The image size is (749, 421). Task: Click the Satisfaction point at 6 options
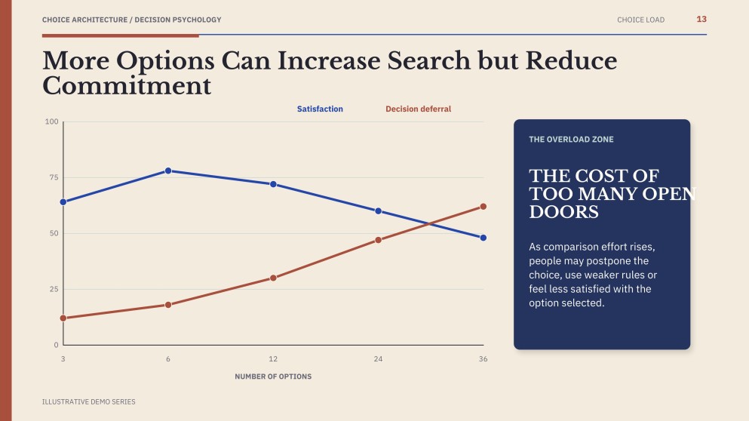point(168,171)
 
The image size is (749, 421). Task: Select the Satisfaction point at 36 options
point(483,238)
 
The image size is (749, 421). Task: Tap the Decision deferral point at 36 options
point(483,207)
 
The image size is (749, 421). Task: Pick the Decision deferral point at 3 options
point(63,318)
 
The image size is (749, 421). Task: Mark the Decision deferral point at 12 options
point(273,278)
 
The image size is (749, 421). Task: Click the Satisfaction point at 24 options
point(379,210)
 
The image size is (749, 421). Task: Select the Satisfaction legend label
point(320,109)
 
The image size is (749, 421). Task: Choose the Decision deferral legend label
point(419,109)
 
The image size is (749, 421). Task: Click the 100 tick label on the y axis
point(51,121)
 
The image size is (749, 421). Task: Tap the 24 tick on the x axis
point(379,359)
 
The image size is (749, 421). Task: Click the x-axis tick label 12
point(273,359)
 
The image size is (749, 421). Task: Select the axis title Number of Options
point(273,376)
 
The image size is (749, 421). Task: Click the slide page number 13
point(701,19)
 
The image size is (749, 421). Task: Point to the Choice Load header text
point(640,20)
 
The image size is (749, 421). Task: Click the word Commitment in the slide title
point(127,86)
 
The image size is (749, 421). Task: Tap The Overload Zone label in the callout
point(571,140)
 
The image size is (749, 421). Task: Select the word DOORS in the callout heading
point(563,212)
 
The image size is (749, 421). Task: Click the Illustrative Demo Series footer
point(89,402)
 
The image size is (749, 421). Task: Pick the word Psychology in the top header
point(197,20)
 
